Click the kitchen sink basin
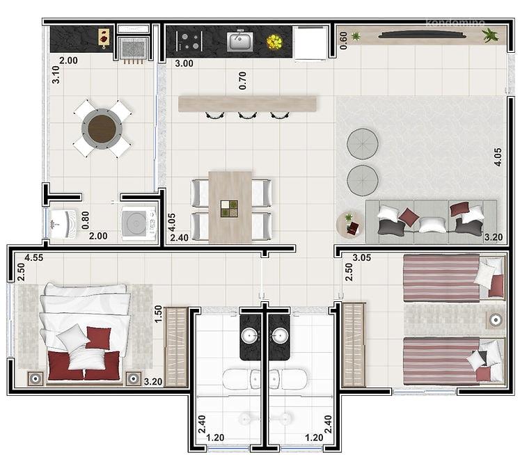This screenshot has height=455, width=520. pyautogui.click(x=239, y=42)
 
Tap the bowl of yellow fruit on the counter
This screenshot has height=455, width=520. pyautogui.click(x=274, y=42)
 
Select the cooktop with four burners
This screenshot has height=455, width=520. pyautogui.click(x=189, y=41)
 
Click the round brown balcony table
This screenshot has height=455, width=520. pyautogui.click(x=102, y=129)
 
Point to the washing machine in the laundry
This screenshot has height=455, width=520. pyautogui.click(x=139, y=223)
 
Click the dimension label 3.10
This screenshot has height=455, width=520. pyautogui.click(x=56, y=74)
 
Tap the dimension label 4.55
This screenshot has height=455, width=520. pyautogui.click(x=34, y=257)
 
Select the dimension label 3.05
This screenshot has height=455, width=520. pyautogui.click(x=362, y=257)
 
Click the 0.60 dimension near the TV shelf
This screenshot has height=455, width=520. pyautogui.click(x=344, y=40)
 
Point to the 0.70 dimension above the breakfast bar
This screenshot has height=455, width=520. pyautogui.click(x=242, y=81)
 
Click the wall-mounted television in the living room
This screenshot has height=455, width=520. pyautogui.click(x=422, y=35)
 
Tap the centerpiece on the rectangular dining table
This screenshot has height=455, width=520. pyautogui.click(x=229, y=209)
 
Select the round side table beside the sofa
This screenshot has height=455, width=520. pyautogui.click(x=350, y=224)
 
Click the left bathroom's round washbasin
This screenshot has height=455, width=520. pyautogui.click(x=251, y=336)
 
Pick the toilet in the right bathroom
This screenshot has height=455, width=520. pyautogui.click(x=288, y=379)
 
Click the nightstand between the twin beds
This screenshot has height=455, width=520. pyautogui.click(x=496, y=320)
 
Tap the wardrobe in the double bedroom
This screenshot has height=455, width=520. pyautogui.click(x=176, y=347)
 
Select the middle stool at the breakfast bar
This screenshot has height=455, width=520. pyautogui.click(x=247, y=115)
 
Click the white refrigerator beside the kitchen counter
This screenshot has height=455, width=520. pyautogui.click(x=310, y=43)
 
